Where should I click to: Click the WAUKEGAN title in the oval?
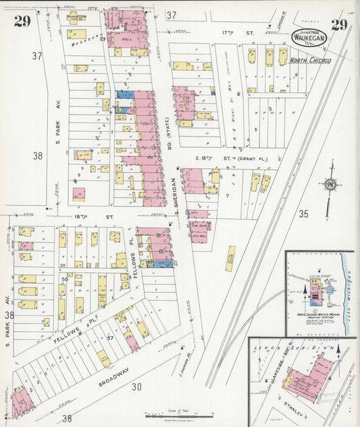(311, 38)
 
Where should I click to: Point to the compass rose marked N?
(330, 184)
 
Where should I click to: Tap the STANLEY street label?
(299, 409)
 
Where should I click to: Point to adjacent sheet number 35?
(303, 214)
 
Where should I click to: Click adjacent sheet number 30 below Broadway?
(136, 387)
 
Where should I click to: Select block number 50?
(66, 278)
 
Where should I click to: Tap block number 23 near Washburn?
(103, 39)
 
